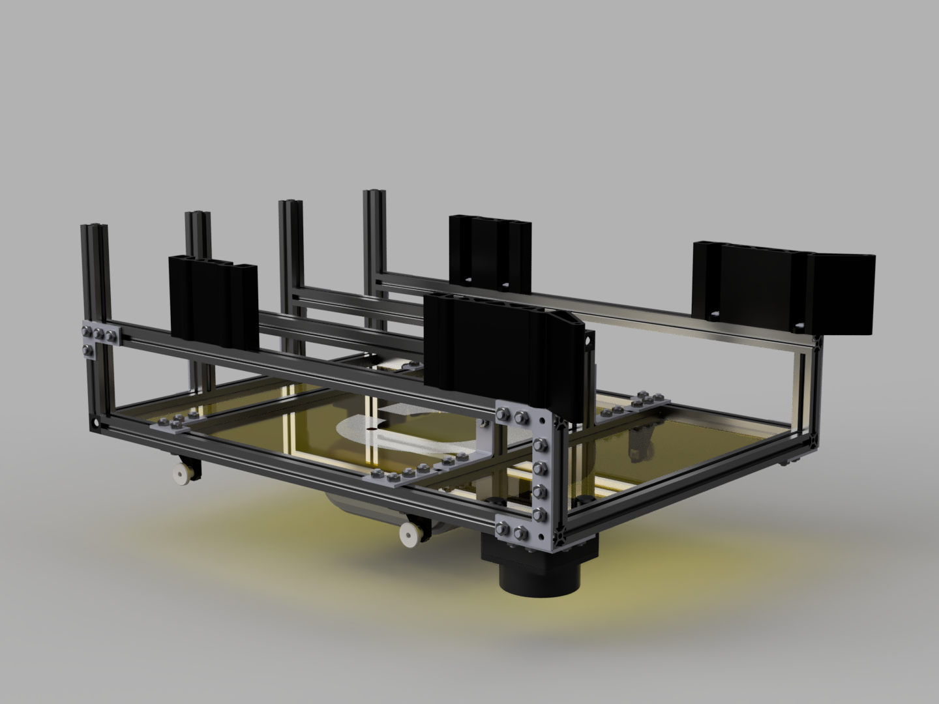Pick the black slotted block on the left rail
coord(213,297)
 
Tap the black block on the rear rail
coord(490,252)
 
